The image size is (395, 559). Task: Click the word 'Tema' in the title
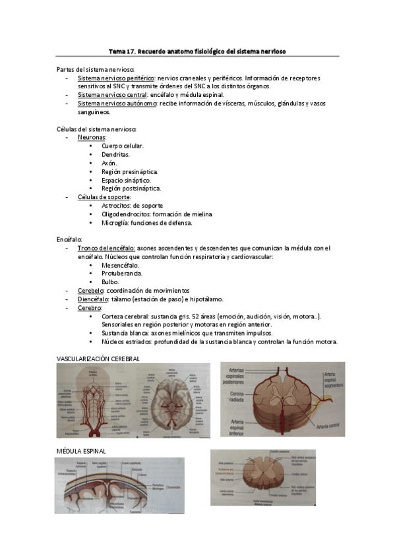pyautogui.click(x=116, y=51)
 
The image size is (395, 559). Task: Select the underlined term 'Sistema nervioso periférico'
pyautogui.click(x=111, y=78)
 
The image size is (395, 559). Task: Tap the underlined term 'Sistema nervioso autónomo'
pyautogui.click(x=117, y=103)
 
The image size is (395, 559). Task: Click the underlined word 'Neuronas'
pyautogui.click(x=92, y=137)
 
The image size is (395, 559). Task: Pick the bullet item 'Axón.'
pyautogui.click(x=109, y=163)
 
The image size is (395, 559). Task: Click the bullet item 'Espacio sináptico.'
pyautogui.click(x=126, y=180)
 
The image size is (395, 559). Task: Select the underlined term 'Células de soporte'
pyautogui.click(x=104, y=197)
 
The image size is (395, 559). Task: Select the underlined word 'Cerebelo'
pyautogui.click(x=91, y=291)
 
